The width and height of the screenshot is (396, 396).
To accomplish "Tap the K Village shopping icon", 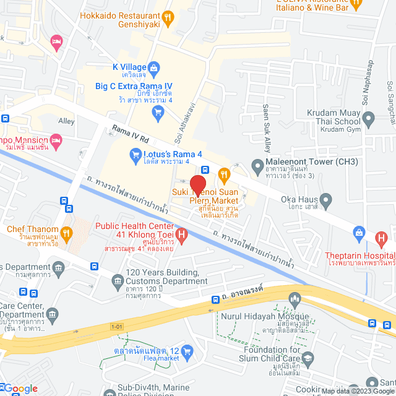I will pos(155,67).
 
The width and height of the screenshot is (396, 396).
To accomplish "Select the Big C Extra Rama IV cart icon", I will pos(158,112).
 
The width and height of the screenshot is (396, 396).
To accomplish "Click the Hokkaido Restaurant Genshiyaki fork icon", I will pos(166,19).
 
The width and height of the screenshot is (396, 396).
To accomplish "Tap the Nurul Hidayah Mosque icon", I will pos(295,299).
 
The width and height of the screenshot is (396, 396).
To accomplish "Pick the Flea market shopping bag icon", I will pos(189,351).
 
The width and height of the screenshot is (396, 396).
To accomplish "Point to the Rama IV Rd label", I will pos(131,133).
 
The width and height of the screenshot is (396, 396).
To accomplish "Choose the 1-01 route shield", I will pos(117,326).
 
